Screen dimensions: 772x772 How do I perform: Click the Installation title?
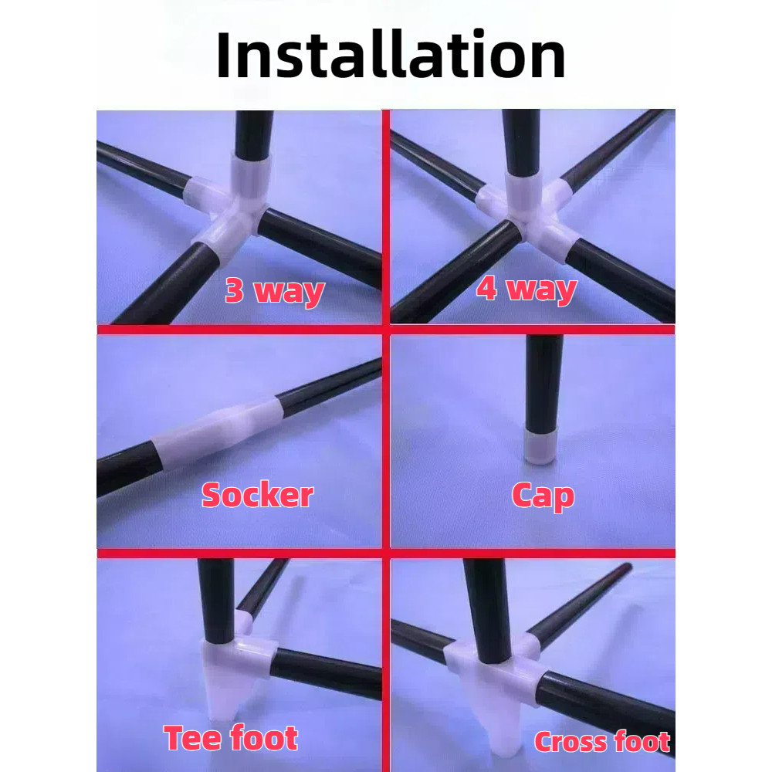(391, 54)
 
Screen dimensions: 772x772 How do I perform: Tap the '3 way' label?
(275, 292)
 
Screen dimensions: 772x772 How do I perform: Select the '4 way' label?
(527, 289)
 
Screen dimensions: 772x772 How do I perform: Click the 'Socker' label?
(258, 494)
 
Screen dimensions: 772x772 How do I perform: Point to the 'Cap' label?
(543, 496)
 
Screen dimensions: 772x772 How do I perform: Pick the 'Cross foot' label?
(602, 741)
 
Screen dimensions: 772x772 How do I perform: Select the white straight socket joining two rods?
(217, 431)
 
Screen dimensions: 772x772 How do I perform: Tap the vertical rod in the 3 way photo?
(253, 134)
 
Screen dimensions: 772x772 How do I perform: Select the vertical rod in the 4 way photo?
(521, 142)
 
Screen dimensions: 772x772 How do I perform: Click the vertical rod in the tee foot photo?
(216, 601)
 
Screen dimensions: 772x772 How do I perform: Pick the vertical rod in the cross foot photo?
(487, 608)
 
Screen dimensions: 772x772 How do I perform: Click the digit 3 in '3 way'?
(235, 289)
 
